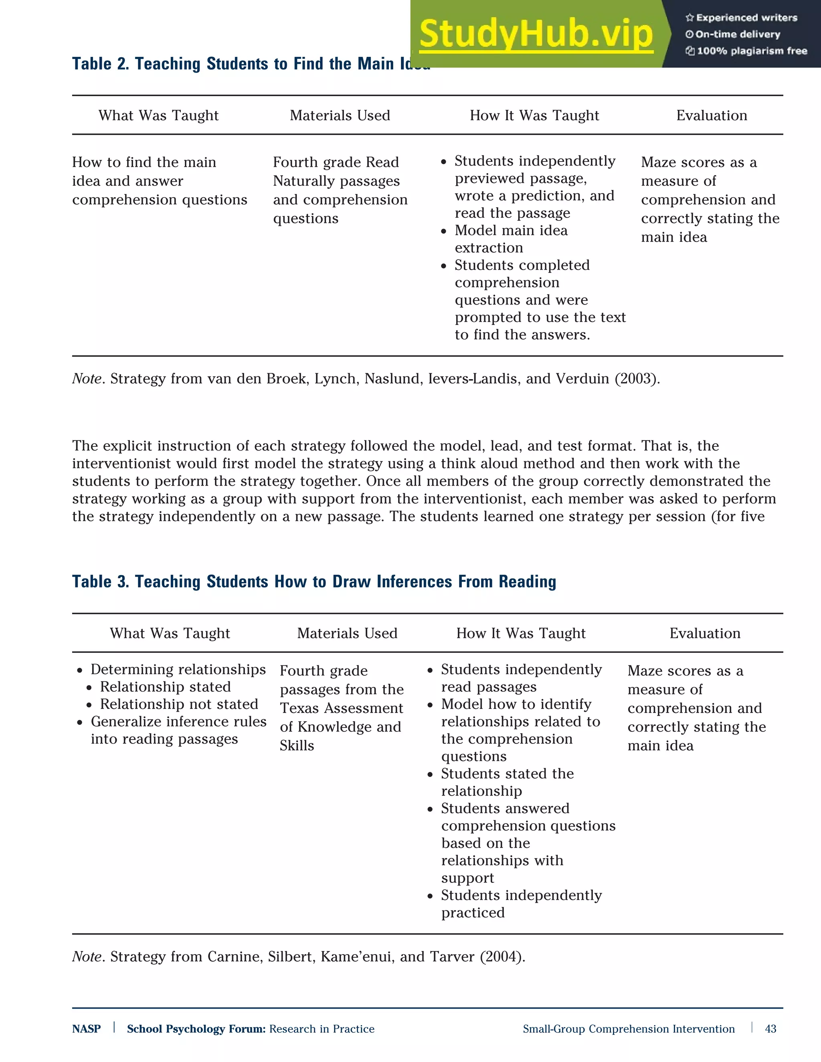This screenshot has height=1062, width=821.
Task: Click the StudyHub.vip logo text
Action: point(536,34)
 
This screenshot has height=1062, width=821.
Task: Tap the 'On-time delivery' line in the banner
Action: point(737,34)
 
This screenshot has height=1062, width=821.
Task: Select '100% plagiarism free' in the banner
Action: point(752,51)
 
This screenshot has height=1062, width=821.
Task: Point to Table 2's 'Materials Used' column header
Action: point(340,116)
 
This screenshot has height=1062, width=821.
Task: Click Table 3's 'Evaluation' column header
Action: point(705,634)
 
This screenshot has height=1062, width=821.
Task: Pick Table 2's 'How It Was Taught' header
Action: point(534,116)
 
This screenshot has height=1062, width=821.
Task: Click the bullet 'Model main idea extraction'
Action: point(511,239)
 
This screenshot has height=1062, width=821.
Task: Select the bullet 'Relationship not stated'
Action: point(178,704)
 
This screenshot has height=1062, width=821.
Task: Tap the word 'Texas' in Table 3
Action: point(299,709)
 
